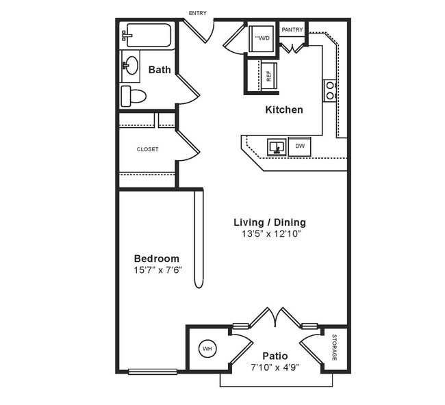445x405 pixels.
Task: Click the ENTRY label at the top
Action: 197,13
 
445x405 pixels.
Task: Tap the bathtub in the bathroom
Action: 146,36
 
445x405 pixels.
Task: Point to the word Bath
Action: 160,69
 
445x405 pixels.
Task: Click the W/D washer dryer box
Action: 262,39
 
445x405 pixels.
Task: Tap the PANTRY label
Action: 292,29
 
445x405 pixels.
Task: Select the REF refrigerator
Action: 268,75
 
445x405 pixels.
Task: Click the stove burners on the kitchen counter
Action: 330,90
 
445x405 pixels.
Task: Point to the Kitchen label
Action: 284,109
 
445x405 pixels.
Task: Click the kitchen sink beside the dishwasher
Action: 277,146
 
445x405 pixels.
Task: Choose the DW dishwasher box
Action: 300,146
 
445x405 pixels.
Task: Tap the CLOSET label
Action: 147,149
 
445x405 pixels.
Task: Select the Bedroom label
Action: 157,258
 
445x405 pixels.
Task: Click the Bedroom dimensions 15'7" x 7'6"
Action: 157,270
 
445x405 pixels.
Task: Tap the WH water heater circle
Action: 207,349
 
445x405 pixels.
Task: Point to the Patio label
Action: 275,356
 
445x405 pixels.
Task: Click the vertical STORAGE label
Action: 335,348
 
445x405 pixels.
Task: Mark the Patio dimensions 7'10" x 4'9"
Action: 275,367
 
